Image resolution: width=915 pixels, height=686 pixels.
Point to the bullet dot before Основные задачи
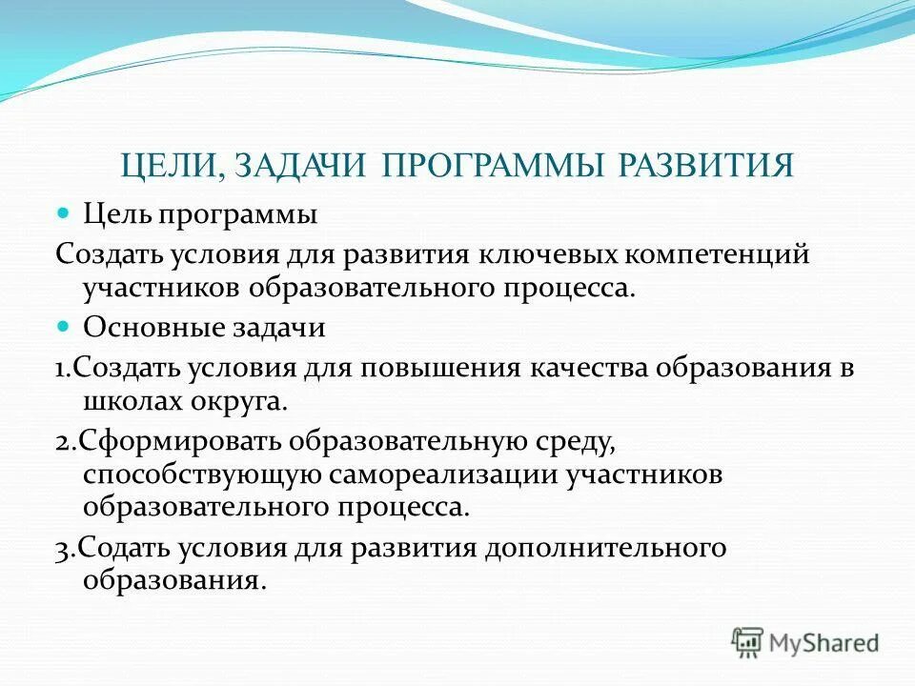pos(65,327)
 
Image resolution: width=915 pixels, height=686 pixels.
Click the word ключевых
pos(523,254)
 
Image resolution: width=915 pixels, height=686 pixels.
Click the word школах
pos(126,400)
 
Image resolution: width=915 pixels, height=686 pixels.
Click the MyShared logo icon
pos(746,641)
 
